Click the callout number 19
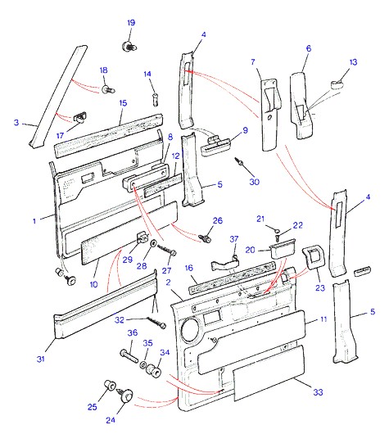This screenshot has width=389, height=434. [131, 22]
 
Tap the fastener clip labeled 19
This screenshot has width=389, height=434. [129, 46]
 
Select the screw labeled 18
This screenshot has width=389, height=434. [108, 89]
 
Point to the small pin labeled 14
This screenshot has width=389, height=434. [156, 99]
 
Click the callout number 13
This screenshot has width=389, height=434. [353, 62]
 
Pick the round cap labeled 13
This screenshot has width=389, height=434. [337, 84]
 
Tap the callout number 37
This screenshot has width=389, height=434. [234, 238]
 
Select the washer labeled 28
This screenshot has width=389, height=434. [153, 243]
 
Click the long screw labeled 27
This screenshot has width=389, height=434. [167, 249]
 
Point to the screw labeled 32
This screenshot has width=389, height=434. [156, 323]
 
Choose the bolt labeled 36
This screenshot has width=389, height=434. [129, 356]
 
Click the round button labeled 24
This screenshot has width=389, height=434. [127, 395]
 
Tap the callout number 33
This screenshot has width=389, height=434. [318, 392]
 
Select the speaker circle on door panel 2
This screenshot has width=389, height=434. [190, 328]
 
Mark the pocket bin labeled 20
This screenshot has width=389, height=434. [283, 248]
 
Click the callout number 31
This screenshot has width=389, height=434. [41, 359]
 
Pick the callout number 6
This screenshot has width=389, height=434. [309, 48]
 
